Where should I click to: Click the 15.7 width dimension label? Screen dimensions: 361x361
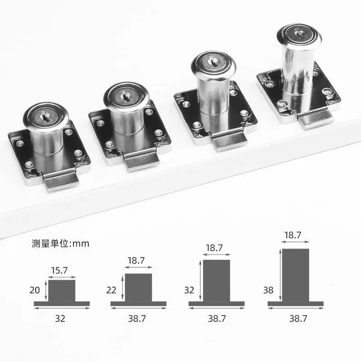click(60, 270)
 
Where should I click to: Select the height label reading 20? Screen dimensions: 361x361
click(35, 290)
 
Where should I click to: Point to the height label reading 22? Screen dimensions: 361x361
click(111, 290)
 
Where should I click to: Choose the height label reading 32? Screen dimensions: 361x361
click(189, 290)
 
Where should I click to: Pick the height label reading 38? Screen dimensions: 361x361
click(268, 290)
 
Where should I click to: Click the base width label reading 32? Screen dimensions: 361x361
click(60, 319)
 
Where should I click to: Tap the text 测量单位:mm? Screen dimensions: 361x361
click(60, 243)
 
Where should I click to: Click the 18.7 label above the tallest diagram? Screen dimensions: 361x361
click(292, 235)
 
